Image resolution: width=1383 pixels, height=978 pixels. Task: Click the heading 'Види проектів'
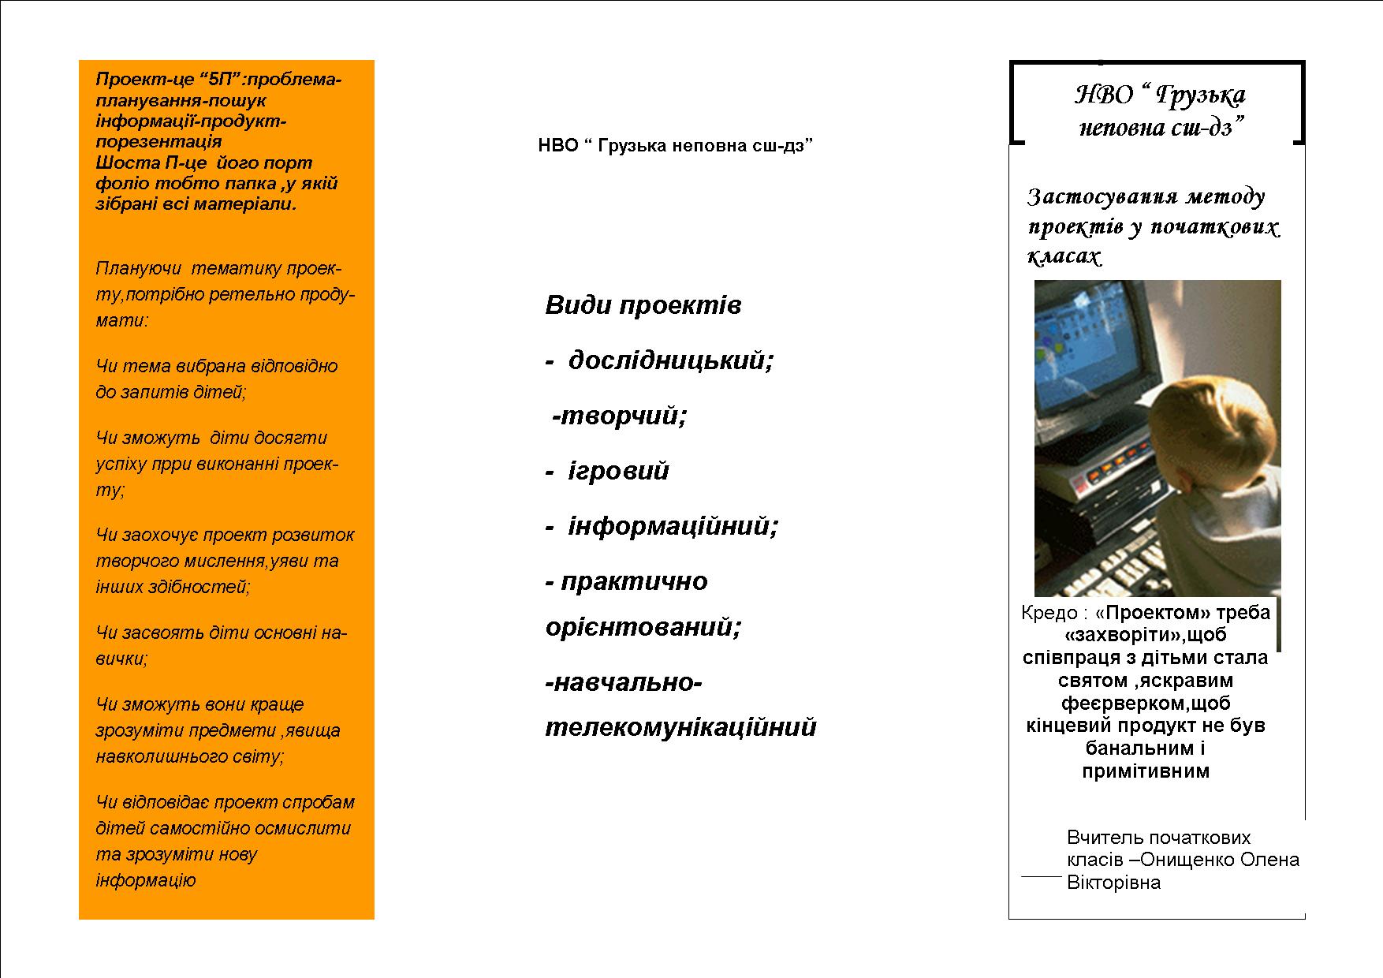coord(643,306)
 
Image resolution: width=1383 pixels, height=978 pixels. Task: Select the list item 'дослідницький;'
coord(670,361)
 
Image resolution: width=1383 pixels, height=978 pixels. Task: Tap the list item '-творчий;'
coord(620,416)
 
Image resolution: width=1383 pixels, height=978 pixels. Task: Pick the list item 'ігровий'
coord(618,472)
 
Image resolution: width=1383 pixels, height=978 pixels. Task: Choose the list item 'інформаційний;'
coord(673,526)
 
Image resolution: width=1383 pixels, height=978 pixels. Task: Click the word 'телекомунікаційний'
coord(680,727)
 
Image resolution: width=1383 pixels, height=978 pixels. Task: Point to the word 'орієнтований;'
coord(643,628)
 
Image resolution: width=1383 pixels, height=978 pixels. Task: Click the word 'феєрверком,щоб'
coord(1145,703)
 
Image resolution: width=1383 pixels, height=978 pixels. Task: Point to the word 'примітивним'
coord(1145,771)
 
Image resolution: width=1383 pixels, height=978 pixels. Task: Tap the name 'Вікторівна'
coord(1113,883)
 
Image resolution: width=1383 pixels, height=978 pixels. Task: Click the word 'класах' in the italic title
coord(1064,256)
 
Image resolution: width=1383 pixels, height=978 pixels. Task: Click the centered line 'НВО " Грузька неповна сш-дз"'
coord(675,146)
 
